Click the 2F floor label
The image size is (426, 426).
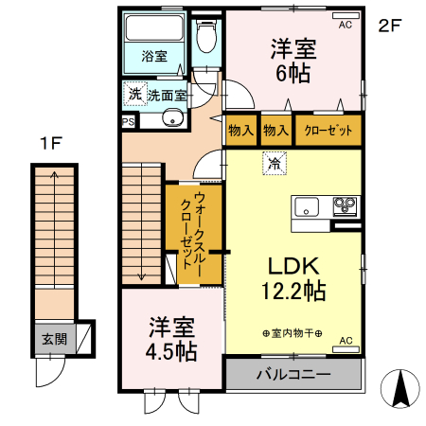click(x=391, y=26)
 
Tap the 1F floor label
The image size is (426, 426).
click(x=50, y=144)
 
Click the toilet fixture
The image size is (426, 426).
click(x=205, y=38)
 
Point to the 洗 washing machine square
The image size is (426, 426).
click(x=134, y=94)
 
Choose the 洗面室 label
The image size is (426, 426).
click(x=167, y=95)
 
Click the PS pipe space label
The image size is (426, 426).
click(x=128, y=121)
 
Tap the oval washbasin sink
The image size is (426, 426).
click(x=172, y=118)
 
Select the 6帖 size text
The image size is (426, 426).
click(x=293, y=74)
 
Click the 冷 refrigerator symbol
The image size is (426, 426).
click(x=275, y=163)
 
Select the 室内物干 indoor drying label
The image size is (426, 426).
click(x=293, y=333)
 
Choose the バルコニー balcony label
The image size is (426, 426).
click(x=293, y=375)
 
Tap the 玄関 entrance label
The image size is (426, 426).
click(x=53, y=338)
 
